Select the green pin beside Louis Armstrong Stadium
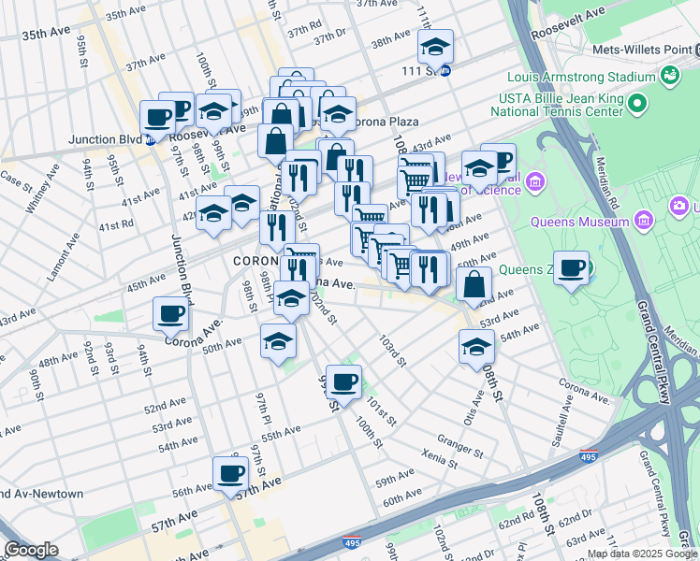point(669,74)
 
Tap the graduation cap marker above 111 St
point(435,46)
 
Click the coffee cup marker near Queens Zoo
point(571,268)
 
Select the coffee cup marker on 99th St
point(343,381)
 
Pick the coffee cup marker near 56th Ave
point(230,473)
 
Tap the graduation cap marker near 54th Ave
point(476,346)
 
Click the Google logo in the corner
point(31,550)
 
